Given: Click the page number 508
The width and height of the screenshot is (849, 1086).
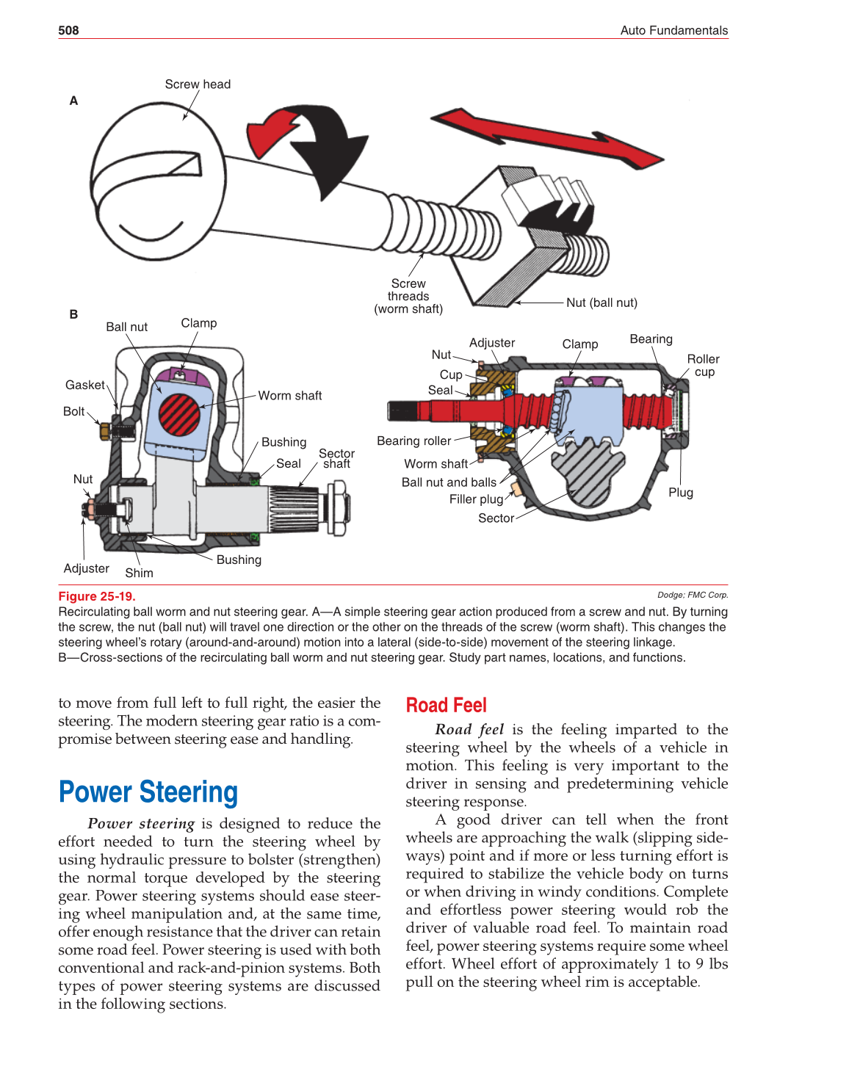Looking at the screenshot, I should pos(68,30).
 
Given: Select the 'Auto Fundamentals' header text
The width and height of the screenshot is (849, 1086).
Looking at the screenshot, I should pos(673,30).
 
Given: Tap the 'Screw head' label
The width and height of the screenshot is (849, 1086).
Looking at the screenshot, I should pos(198,84).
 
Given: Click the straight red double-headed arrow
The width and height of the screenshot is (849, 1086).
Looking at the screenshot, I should pos(547,138).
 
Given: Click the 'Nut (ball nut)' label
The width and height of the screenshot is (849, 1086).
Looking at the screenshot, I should pos(601,303).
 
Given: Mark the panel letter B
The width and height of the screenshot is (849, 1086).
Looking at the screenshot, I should pos(73,314).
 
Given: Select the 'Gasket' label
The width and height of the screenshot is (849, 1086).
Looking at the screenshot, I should pos(85,385).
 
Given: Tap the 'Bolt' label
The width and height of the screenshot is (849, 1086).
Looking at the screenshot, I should pos(73,411).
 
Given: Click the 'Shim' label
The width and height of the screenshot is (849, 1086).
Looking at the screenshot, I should pos(139,573).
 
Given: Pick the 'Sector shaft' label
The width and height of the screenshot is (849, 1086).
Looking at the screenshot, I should pos(336,459).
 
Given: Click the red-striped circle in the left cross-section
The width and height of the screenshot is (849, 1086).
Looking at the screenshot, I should pos(180,414).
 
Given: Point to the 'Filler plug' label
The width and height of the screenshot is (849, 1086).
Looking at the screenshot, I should pos(476,499).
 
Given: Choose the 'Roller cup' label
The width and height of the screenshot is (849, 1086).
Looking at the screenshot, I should pos(703,365).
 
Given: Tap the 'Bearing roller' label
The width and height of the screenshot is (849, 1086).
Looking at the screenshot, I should pos(413,441).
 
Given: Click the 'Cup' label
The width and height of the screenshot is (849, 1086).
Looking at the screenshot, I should pos(451,374).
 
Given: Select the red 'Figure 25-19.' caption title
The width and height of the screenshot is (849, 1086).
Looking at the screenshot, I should pos(97,596).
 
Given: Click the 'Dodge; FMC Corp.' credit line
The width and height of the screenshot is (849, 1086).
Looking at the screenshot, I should pos(692,595).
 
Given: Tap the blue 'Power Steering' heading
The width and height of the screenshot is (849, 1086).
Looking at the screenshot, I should pos(148,792).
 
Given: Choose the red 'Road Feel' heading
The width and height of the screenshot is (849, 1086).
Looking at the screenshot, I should pos(446,705).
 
